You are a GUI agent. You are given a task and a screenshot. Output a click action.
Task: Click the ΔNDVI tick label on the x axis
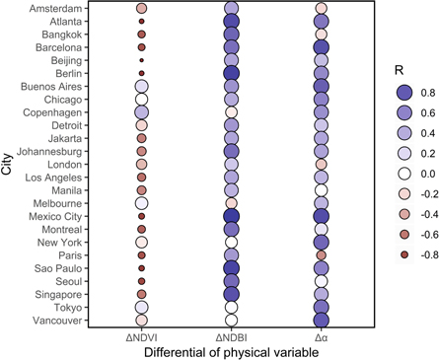click(141, 337)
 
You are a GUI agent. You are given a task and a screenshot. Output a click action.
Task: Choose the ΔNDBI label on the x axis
click(232, 337)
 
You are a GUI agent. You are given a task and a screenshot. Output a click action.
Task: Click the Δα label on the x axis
click(321, 337)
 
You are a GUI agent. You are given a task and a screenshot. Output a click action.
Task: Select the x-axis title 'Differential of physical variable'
click(231, 352)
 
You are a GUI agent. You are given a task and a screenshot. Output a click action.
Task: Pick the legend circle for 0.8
click(396, 93)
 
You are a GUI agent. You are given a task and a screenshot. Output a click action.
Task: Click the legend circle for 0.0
click(396, 173)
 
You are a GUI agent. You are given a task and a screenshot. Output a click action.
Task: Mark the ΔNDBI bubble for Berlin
click(232, 73)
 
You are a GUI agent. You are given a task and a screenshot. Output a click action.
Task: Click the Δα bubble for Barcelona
click(321, 46)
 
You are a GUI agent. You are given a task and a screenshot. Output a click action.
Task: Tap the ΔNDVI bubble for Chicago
click(141, 99)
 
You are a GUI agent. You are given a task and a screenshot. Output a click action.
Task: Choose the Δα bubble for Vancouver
click(321, 321)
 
